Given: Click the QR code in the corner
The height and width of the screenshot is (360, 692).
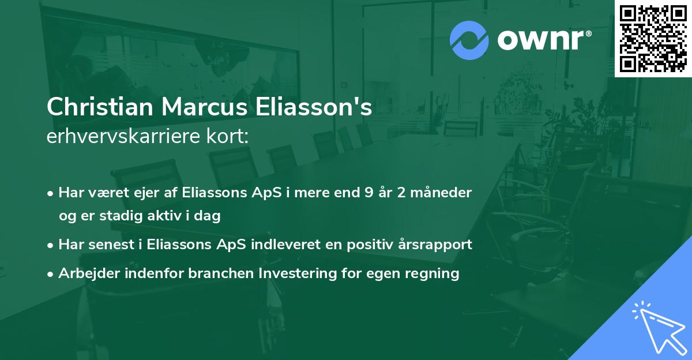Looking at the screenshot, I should tap(653, 39).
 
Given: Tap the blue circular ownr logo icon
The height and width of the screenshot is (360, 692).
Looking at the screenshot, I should tap(469, 40).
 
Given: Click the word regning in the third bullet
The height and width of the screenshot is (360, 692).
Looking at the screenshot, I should tap(436, 273).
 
